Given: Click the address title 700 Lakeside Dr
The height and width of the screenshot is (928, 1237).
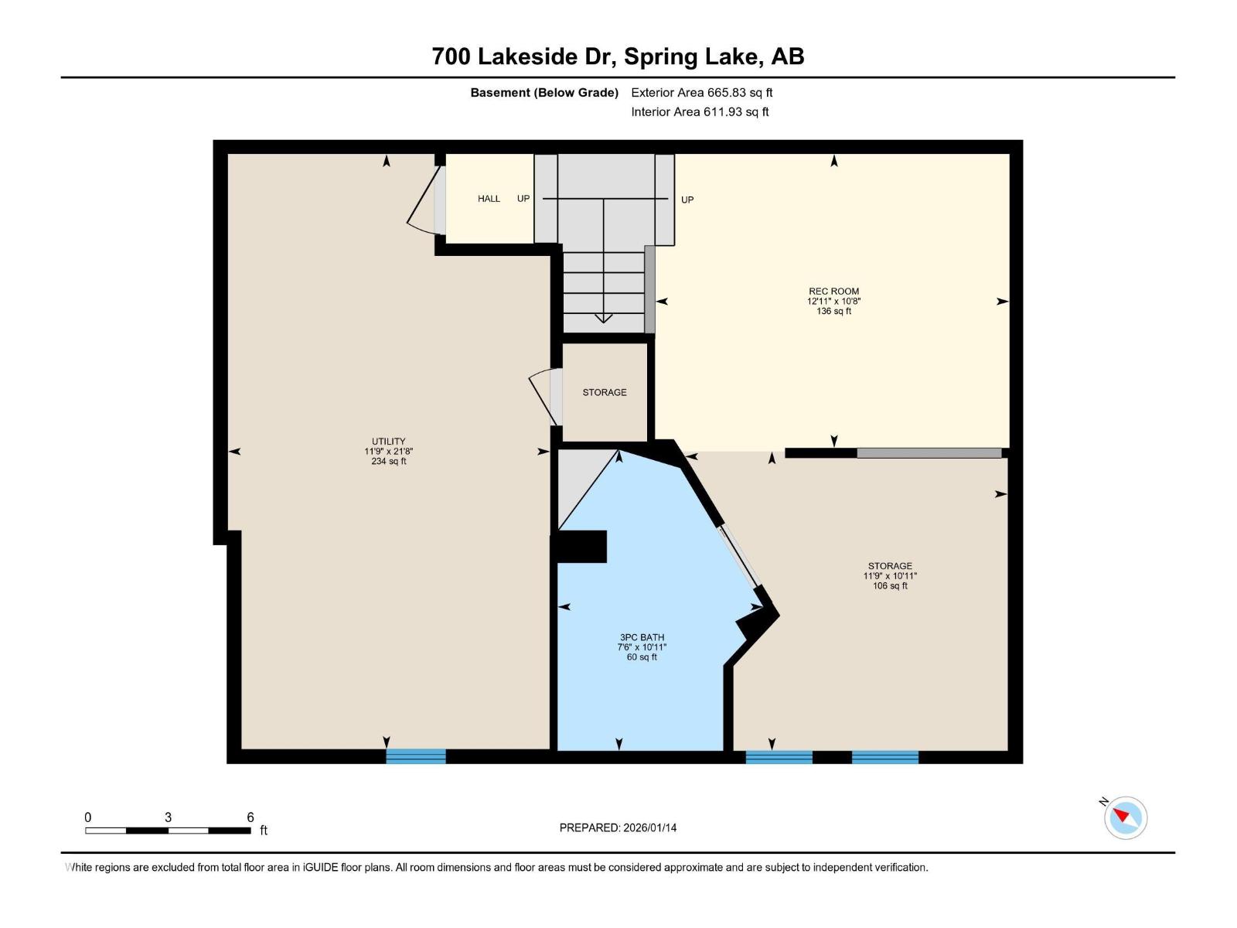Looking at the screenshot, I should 618,56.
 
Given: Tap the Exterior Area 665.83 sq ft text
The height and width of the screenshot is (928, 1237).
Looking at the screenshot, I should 701,93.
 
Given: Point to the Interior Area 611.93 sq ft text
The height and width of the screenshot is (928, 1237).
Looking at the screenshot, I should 700,112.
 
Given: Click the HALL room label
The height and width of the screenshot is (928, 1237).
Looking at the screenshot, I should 489,199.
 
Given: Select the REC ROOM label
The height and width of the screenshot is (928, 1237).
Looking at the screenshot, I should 833,292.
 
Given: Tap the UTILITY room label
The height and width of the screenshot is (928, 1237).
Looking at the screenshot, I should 388,442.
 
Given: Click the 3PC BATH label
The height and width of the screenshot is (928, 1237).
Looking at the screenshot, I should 642,637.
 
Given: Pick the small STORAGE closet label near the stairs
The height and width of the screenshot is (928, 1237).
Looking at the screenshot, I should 605,393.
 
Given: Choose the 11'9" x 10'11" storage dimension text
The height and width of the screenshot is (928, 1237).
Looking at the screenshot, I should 890,576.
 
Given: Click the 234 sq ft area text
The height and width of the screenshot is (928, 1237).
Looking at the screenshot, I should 388,462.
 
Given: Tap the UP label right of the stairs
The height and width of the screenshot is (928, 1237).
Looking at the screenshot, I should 687,200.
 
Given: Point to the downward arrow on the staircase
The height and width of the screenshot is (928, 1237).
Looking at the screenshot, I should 604,318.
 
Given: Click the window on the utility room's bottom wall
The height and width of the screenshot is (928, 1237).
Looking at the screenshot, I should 416,756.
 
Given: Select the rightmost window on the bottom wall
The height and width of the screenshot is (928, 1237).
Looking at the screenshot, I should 884,757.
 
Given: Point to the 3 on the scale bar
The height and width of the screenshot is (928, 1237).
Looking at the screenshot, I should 168,817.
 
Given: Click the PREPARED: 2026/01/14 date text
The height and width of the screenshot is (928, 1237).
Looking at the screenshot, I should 618,827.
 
